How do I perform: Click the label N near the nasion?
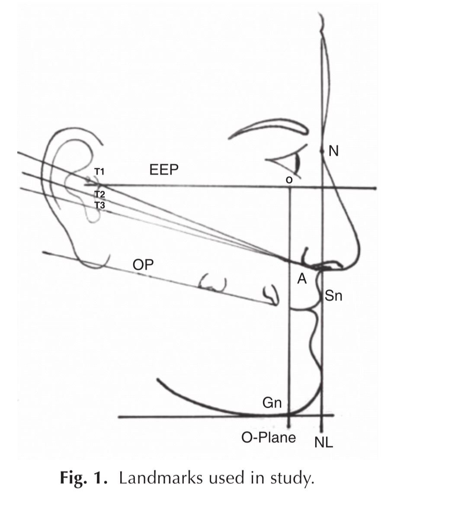pyautogui.click(x=333, y=151)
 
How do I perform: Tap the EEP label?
pyautogui.click(x=164, y=170)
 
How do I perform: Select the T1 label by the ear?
pyautogui.click(x=99, y=172)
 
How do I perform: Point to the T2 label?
pyautogui.click(x=100, y=194)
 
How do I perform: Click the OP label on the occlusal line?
pyautogui.click(x=143, y=265)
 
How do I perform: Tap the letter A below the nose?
pyautogui.click(x=302, y=280)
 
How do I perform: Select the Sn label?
pyautogui.click(x=333, y=296)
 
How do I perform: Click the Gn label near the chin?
pyautogui.click(x=272, y=403)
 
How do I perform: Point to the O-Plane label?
pyautogui.click(x=269, y=438)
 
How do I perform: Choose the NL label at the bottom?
pyautogui.click(x=323, y=442)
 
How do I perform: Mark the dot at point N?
pyautogui.click(x=322, y=151)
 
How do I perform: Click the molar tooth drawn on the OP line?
pyautogui.click(x=213, y=284)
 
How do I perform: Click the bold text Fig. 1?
pyautogui.click(x=83, y=479)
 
